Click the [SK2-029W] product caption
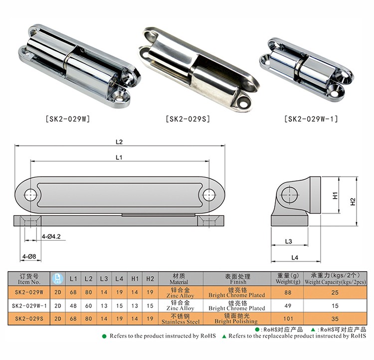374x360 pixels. tap(68, 119)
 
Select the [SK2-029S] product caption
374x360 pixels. tap(188, 119)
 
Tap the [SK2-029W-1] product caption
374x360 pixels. tap(311, 119)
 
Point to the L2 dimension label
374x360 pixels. tap(119, 142)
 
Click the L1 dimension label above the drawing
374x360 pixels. tap(119, 157)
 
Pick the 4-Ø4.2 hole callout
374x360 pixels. tap(51, 237)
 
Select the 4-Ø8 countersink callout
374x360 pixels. tap(29, 256)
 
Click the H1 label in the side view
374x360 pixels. tap(335, 195)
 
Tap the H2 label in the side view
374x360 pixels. tap(353, 202)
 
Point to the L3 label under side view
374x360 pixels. tap(288, 241)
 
